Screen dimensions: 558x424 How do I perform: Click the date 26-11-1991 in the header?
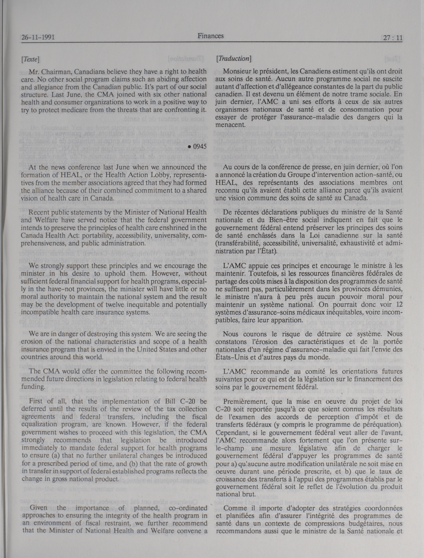(38, 38)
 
